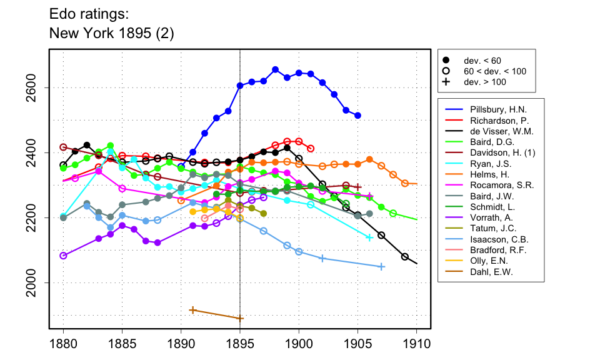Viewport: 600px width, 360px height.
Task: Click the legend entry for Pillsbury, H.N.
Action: pyautogui.click(x=492, y=109)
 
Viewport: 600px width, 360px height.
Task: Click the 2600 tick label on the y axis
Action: pyautogui.click(x=37, y=87)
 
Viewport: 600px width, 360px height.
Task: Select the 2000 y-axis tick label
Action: pyautogui.click(x=37, y=282)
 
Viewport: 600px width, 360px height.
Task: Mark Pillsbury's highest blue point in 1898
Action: pyautogui.click(x=276, y=69)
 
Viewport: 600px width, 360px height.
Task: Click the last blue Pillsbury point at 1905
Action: pyautogui.click(x=357, y=116)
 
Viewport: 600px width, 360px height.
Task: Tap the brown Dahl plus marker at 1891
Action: pyautogui.click(x=193, y=310)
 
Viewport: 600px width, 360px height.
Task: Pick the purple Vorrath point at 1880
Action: pyautogui.click(x=63, y=256)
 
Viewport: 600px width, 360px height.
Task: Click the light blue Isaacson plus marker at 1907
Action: pyautogui.click(x=381, y=267)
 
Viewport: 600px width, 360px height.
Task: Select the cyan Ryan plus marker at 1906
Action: pyautogui.click(x=369, y=237)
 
